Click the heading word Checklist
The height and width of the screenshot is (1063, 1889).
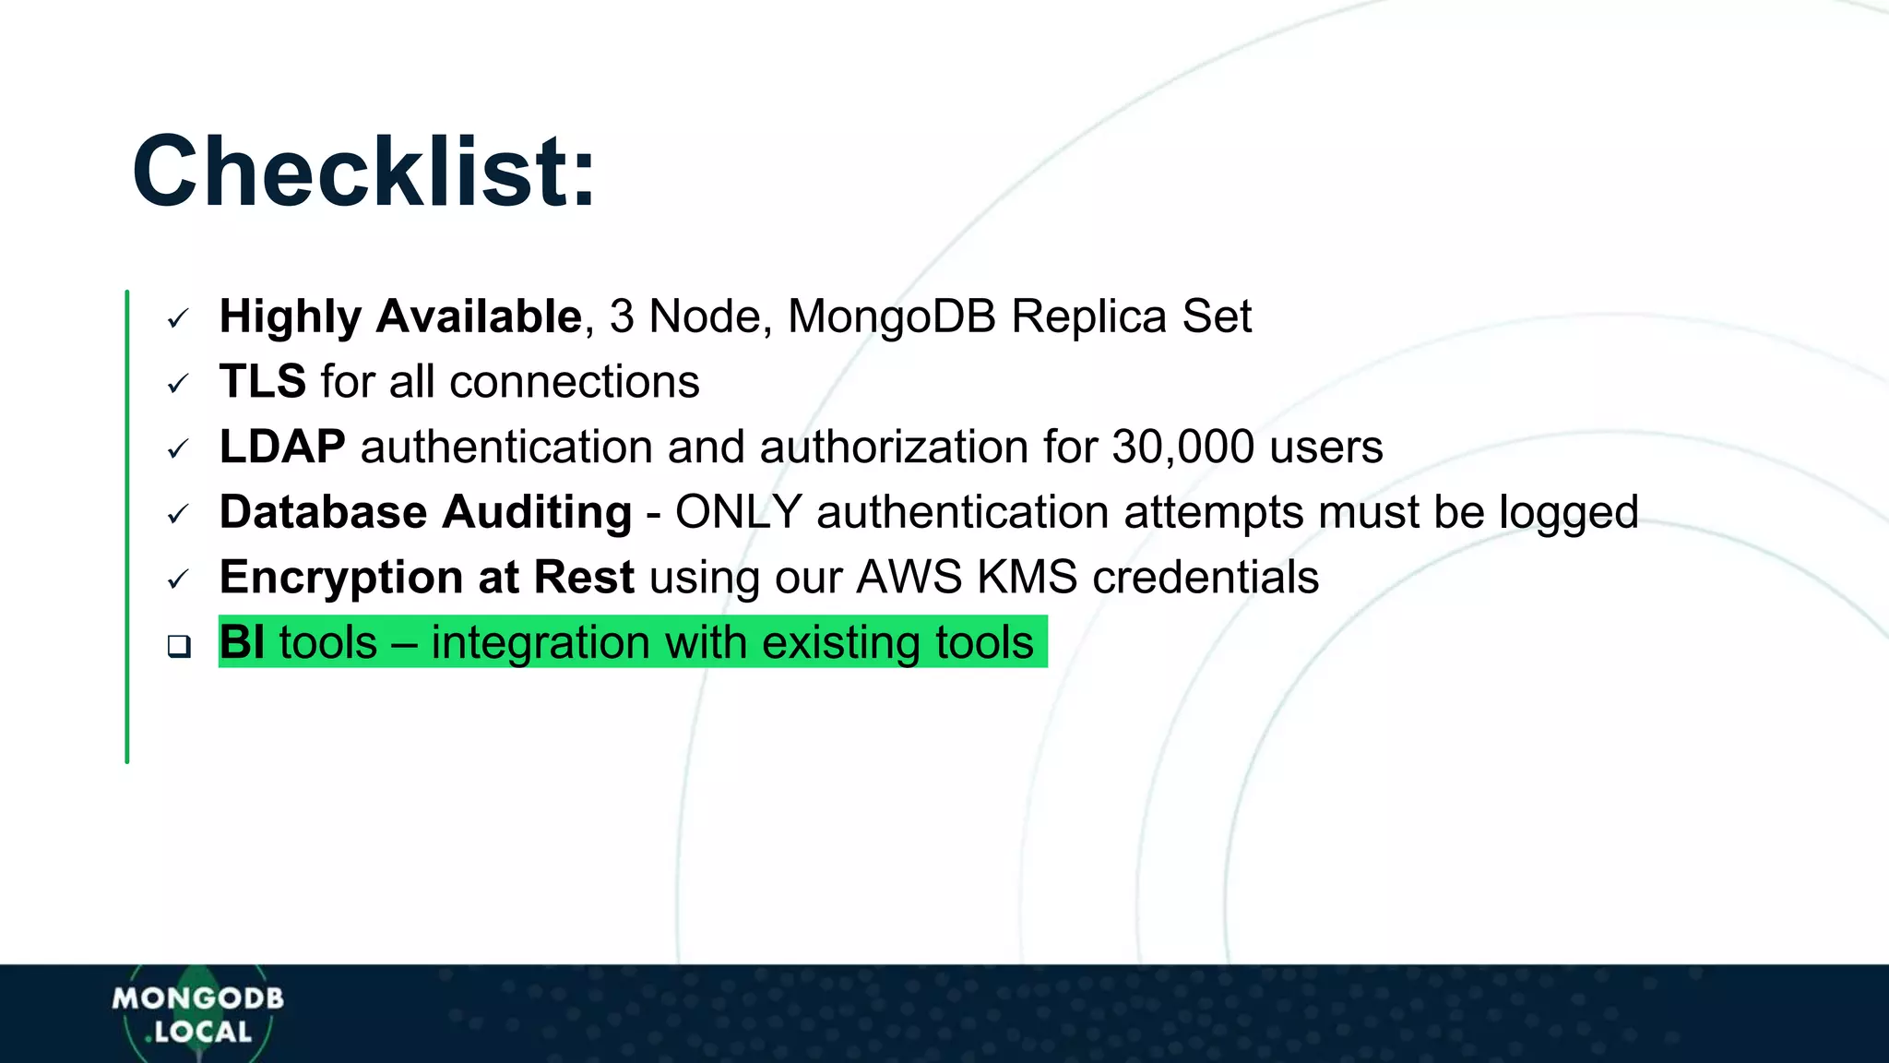(363, 173)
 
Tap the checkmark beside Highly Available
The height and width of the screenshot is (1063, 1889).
(178, 319)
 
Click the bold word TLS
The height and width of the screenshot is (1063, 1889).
(263, 381)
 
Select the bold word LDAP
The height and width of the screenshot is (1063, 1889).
(282, 447)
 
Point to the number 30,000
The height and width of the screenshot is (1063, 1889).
(1182, 447)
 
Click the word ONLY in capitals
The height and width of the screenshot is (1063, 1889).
(738, 512)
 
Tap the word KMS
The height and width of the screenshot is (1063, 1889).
(1027, 578)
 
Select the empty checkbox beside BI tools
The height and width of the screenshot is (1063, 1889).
(179, 646)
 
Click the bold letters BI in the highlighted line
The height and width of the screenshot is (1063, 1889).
(242, 642)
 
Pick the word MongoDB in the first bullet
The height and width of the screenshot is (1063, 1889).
(892, 317)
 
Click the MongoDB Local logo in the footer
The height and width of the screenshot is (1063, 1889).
(197, 1015)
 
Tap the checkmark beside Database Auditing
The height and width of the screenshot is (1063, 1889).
(178, 515)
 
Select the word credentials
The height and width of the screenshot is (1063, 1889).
(1206, 578)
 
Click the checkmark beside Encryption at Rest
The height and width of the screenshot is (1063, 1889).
(178, 580)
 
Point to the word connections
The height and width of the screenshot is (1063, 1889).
(575, 381)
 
